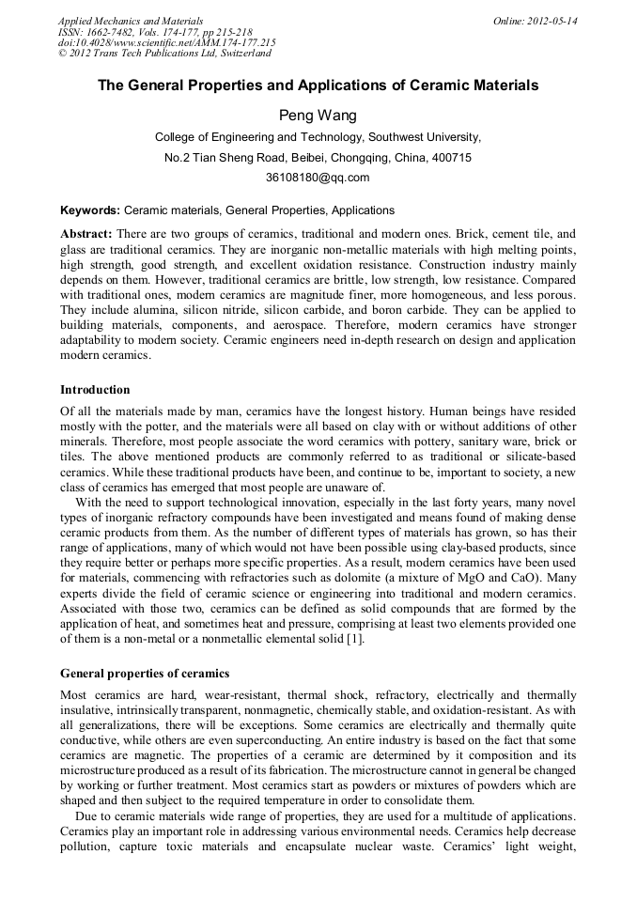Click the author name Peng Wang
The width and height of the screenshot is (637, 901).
point(318,116)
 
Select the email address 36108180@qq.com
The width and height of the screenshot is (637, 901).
point(318,178)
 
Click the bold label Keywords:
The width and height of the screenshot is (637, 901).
point(90,210)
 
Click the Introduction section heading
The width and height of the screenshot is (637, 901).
point(95,390)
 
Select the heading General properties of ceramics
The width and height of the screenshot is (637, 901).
point(144,674)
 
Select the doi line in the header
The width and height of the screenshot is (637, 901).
point(166,42)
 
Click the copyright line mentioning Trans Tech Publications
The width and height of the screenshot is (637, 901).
point(164,54)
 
